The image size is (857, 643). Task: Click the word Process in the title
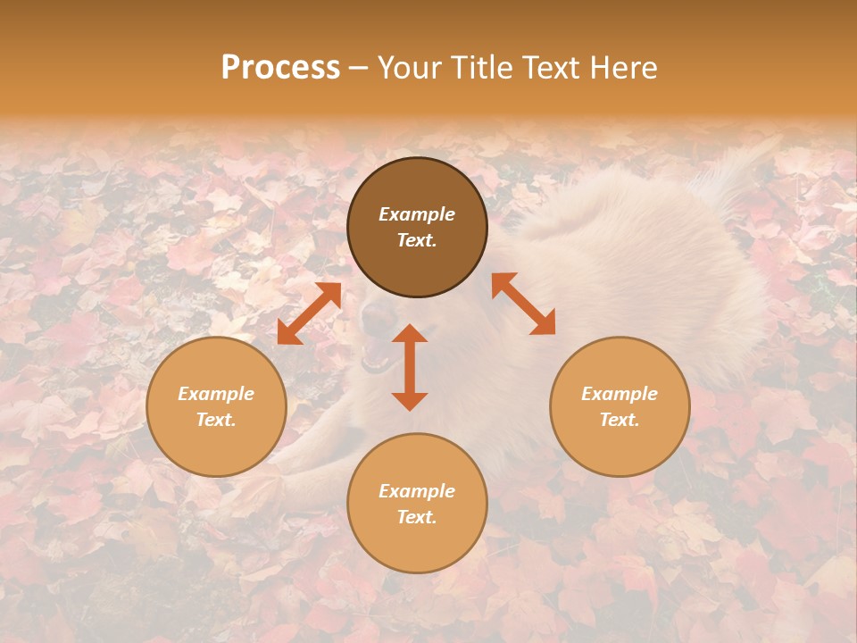coord(280,68)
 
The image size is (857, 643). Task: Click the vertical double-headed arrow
coord(410,367)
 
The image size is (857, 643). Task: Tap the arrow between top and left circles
coord(310,313)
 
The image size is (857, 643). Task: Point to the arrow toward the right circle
coord(524,304)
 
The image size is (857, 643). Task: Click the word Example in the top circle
coord(417,214)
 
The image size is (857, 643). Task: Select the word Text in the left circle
coord(215,420)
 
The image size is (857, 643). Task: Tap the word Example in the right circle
coord(620,394)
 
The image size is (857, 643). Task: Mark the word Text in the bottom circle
coord(416,517)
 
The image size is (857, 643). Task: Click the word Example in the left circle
coord(216,394)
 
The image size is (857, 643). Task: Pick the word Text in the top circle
coord(416,240)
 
